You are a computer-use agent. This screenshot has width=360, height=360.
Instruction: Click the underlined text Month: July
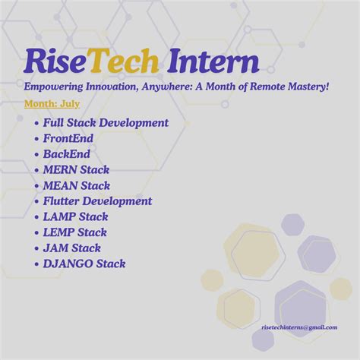[x=52, y=103]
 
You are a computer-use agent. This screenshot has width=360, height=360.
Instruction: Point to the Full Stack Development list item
[x=106, y=123]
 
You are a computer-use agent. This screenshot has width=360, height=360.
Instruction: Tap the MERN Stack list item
[x=77, y=169]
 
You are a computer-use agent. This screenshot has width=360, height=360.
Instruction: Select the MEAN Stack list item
[x=77, y=185]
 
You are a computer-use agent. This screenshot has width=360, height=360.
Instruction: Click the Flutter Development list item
[x=98, y=201]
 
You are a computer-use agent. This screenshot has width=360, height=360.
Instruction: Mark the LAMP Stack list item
[x=76, y=217]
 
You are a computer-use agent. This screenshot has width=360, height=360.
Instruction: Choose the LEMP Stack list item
[x=75, y=232]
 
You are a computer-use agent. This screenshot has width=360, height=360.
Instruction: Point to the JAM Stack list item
[x=72, y=248]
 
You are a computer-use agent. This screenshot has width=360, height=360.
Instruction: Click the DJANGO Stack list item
[x=84, y=264]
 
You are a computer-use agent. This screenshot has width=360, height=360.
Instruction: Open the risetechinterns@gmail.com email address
[x=298, y=327]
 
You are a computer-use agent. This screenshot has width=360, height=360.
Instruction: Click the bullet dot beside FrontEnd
[x=36, y=139]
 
